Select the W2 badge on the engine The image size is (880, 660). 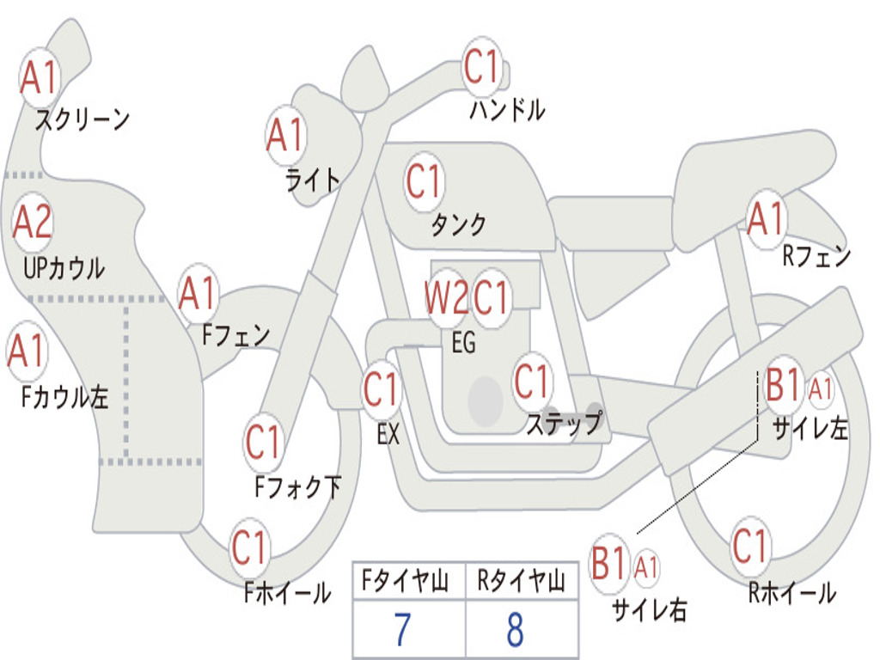446,299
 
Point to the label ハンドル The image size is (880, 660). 507,111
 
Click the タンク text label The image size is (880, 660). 458,225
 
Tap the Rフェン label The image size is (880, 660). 816,255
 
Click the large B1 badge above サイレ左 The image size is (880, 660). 783,386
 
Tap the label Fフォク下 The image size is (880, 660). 297,487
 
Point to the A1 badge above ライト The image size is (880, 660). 286,136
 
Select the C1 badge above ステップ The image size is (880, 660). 532,382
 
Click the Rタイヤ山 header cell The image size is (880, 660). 521,583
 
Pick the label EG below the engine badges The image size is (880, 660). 462,342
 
